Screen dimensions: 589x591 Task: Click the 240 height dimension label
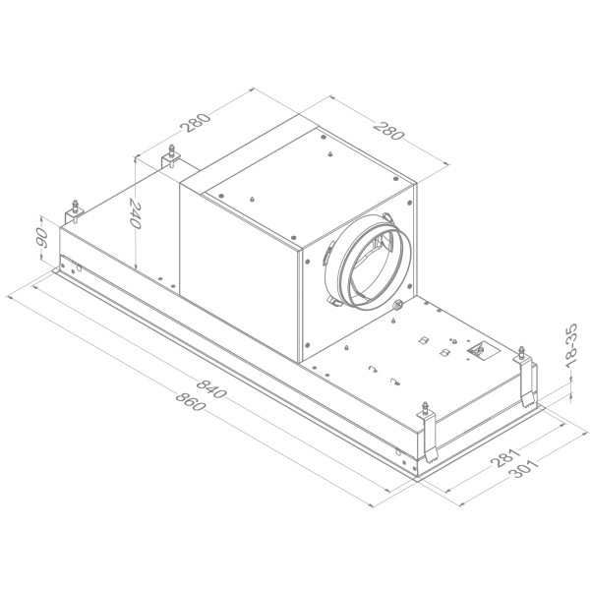(x=136, y=214)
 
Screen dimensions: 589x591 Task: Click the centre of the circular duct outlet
(x=369, y=262)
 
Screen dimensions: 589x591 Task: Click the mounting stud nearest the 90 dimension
(x=74, y=211)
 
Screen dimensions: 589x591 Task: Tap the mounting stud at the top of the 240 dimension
(x=173, y=155)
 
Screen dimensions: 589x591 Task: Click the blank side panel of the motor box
(x=242, y=275)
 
